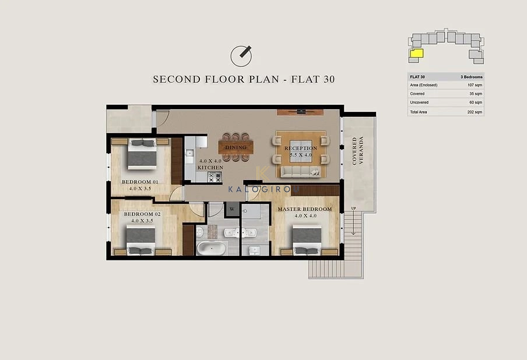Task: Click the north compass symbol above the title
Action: tap(241, 56)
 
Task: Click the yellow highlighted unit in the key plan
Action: tap(417, 54)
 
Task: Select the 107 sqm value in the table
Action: tap(475, 85)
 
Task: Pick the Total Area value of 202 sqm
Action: tap(475, 112)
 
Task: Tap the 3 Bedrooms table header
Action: tap(472, 77)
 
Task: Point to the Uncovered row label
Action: tap(419, 103)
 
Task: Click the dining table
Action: tap(236, 147)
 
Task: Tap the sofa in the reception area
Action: tap(301, 172)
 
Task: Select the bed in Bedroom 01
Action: tap(142, 154)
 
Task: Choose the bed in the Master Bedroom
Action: tap(307, 240)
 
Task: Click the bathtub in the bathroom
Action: tap(211, 249)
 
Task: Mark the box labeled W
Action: tap(232, 209)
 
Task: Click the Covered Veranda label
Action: tap(357, 151)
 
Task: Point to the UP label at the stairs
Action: tap(354, 209)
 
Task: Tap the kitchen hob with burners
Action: tap(215, 177)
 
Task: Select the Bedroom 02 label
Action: tap(142, 214)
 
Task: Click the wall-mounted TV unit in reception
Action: tap(300, 112)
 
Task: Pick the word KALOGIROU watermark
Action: tap(264, 189)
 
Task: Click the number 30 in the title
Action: tap(329, 79)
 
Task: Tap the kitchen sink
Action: tap(189, 153)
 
